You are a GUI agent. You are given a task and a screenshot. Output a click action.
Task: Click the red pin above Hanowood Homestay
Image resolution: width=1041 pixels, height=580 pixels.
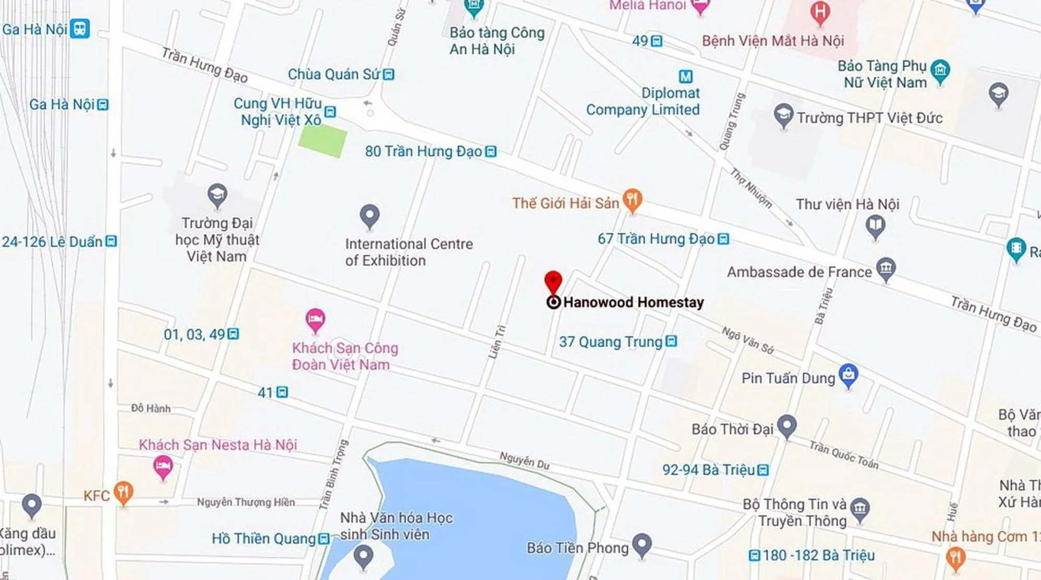pyautogui.click(x=553, y=282)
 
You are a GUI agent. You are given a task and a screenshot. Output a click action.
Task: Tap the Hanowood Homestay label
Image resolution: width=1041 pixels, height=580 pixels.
pyautogui.click(x=633, y=302)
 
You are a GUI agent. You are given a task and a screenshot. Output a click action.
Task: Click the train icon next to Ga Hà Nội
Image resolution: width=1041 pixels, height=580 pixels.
pyautogui.click(x=80, y=29)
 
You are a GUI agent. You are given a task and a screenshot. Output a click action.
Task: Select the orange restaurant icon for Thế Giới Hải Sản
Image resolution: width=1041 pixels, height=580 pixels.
pyautogui.click(x=632, y=200)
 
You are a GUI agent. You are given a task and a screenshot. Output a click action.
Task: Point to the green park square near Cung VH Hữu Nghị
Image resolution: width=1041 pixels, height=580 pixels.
pyautogui.click(x=322, y=141)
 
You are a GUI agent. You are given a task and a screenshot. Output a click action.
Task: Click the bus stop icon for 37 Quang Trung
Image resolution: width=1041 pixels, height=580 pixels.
pyautogui.click(x=672, y=341)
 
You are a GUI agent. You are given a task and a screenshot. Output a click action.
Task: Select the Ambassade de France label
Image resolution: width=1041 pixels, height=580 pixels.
pyautogui.click(x=799, y=272)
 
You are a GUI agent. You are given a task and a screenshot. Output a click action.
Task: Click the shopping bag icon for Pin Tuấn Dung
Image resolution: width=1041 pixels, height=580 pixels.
pyautogui.click(x=849, y=375)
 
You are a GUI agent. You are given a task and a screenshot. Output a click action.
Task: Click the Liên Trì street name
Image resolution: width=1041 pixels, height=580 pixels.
pyautogui.click(x=497, y=342)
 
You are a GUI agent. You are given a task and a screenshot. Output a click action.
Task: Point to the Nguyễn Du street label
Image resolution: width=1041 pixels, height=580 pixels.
pyautogui.click(x=524, y=460)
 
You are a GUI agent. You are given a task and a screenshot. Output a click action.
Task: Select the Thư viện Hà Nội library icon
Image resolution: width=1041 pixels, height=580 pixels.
pyautogui.click(x=875, y=227)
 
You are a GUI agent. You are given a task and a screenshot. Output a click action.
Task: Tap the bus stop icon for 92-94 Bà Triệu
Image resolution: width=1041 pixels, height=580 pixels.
pyautogui.click(x=763, y=470)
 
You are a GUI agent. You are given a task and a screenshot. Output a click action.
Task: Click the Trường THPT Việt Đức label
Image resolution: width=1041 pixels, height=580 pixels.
pyautogui.click(x=869, y=118)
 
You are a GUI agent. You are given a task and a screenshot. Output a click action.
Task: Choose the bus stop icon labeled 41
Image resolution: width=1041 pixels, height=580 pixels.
pyautogui.click(x=282, y=392)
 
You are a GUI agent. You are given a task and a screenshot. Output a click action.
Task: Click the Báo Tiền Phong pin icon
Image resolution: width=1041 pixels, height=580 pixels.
pyautogui.click(x=642, y=545)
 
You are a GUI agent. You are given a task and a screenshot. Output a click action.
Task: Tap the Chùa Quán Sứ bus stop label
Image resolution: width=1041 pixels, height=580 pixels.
pyautogui.click(x=334, y=75)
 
